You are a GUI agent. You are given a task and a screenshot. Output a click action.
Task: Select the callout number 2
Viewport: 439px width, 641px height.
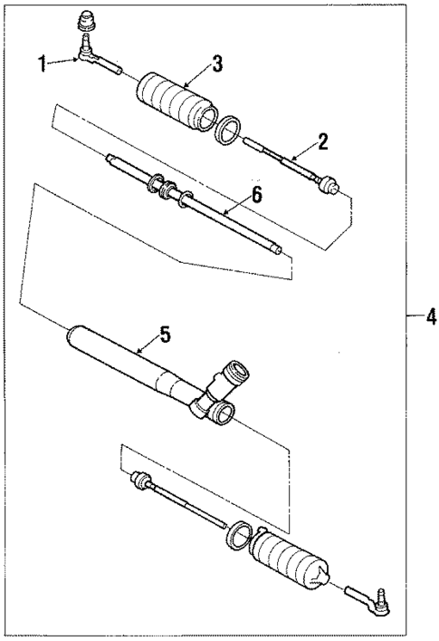tap(322, 141)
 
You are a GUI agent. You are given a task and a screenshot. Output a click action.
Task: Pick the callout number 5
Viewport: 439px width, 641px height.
tap(164, 335)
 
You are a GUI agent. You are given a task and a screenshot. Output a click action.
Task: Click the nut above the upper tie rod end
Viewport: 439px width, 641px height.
tap(88, 18)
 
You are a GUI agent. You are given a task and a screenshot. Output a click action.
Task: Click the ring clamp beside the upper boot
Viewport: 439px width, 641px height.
tap(228, 131)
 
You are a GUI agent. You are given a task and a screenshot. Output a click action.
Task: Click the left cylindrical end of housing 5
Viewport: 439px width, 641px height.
tap(78, 338)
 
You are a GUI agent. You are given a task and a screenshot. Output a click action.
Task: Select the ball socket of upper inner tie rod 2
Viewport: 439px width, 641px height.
tap(331, 189)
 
